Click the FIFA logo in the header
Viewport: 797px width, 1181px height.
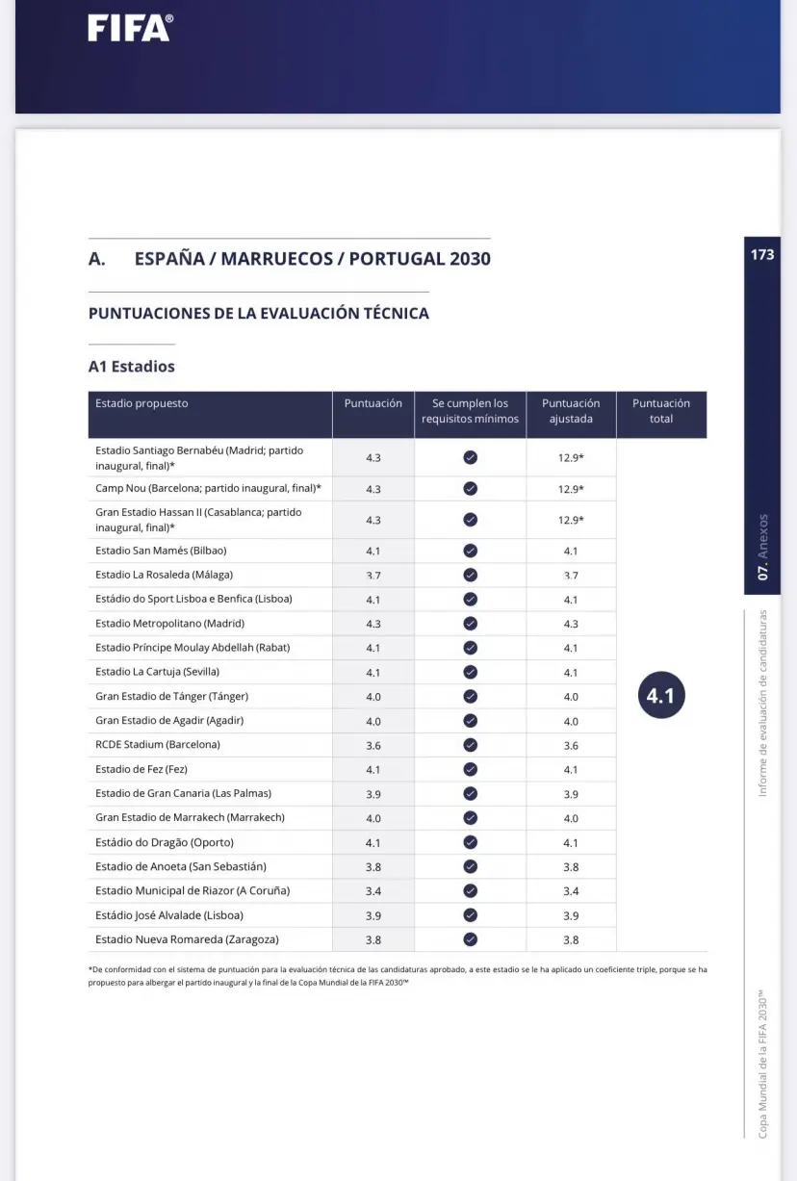tap(130, 28)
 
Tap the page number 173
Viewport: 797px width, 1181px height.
tap(761, 255)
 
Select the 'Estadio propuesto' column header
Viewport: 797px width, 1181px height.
tap(141, 403)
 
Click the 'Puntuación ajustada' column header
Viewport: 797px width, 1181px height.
tap(570, 411)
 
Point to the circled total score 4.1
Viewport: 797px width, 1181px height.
tap(660, 696)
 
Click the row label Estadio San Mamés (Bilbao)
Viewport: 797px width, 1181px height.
tap(161, 551)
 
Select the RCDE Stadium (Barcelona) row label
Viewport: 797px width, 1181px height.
tap(158, 745)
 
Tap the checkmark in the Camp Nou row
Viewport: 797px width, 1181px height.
tap(470, 489)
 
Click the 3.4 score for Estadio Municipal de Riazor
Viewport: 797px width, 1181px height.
tap(373, 891)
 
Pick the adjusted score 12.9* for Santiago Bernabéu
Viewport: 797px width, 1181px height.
tap(571, 458)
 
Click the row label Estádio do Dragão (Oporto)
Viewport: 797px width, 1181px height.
tap(165, 842)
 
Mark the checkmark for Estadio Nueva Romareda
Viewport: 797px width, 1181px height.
tap(470, 939)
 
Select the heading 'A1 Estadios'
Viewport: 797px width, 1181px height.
tap(132, 367)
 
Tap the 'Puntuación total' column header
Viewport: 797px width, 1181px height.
tap(660, 411)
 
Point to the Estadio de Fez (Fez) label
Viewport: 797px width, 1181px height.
tap(141, 769)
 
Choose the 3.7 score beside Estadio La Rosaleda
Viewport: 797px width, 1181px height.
tap(373, 576)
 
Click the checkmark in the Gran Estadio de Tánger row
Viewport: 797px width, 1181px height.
tap(470, 697)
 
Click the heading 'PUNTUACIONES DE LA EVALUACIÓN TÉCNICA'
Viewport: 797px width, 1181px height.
tap(259, 314)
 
